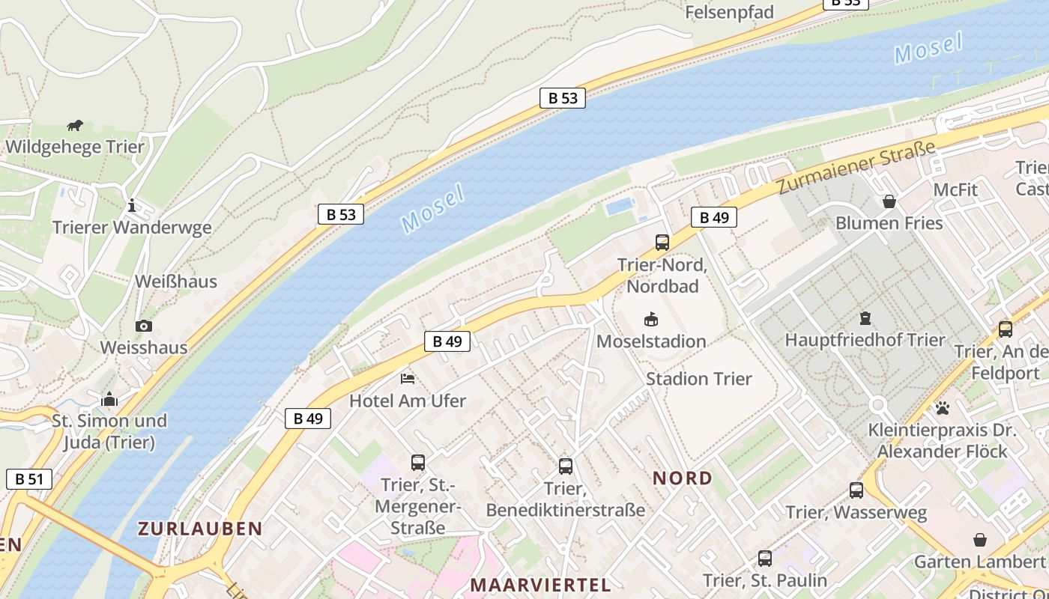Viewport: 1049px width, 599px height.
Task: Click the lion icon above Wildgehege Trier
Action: pyautogui.click(x=74, y=125)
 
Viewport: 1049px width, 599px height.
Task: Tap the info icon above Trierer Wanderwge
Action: pyautogui.click(x=132, y=205)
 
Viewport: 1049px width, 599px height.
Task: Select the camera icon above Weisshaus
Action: pyautogui.click(x=143, y=326)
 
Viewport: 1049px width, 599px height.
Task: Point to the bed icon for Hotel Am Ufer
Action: pyautogui.click(x=408, y=379)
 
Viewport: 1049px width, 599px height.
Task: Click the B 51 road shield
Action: pyautogui.click(x=29, y=479)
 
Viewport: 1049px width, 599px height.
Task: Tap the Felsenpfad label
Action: pyautogui.click(x=729, y=13)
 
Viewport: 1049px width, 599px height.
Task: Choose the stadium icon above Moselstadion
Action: pyautogui.click(x=651, y=320)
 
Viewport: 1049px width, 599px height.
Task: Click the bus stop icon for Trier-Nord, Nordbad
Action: pyautogui.click(x=662, y=243)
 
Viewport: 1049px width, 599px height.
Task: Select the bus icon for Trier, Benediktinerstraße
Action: pyautogui.click(x=566, y=466)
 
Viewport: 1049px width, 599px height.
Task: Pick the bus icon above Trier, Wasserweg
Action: pyautogui.click(x=856, y=490)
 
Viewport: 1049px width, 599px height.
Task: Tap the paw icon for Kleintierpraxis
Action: pyautogui.click(x=942, y=408)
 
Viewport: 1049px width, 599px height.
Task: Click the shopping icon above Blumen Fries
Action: pyautogui.click(x=889, y=201)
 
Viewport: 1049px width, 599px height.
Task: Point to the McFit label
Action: pyautogui.click(x=955, y=190)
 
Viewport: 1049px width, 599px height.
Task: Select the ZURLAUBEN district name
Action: pyautogui.click(x=200, y=529)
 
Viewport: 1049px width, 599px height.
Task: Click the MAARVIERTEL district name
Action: pyautogui.click(x=540, y=585)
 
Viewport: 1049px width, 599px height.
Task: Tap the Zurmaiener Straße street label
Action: pyautogui.click(x=856, y=168)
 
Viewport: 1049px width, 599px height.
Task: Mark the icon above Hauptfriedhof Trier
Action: pyautogui.click(x=865, y=318)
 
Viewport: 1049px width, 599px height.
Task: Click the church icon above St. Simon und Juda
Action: pyautogui.click(x=109, y=399)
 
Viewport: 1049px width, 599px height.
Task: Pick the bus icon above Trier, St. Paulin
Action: pyautogui.click(x=764, y=558)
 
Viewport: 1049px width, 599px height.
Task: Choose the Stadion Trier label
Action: pyautogui.click(x=698, y=379)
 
